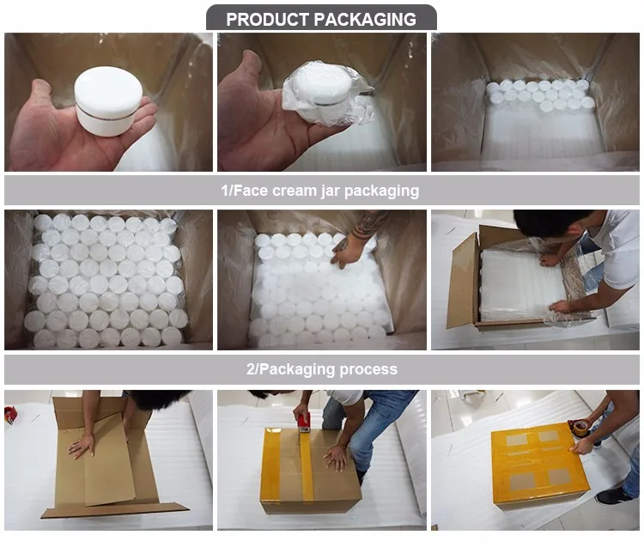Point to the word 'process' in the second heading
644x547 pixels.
[367, 369]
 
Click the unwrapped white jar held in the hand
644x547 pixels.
[107, 99]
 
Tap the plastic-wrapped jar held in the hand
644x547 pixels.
[322, 90]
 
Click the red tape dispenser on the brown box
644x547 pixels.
[303, 422]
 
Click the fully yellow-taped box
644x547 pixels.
[539, 464]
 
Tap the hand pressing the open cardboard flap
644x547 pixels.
[82, 445]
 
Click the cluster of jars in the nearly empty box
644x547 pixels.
[539, 94]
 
